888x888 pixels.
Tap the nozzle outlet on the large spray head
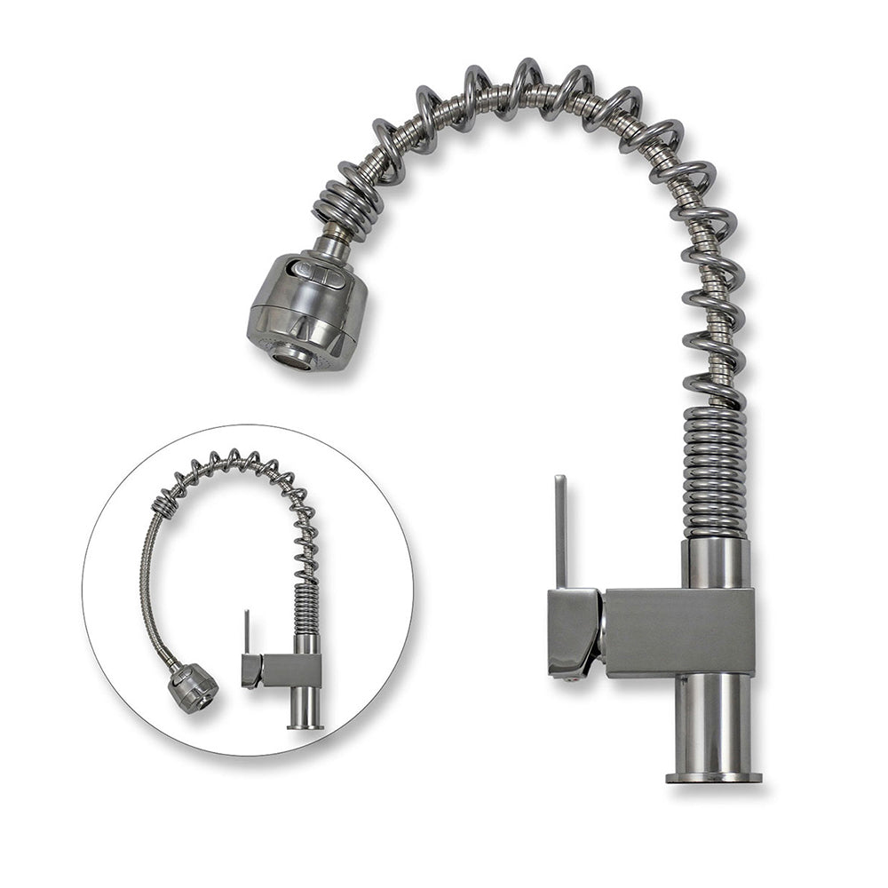[292, 357]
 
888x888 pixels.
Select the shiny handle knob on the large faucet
[573, 630]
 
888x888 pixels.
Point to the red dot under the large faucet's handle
[556, 675]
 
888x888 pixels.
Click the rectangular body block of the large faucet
[679, 632]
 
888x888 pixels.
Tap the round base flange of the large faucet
[713, 777]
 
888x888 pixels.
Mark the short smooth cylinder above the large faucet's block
[715, 562]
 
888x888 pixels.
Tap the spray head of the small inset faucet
[193, 687]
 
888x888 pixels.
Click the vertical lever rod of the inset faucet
[247, 632]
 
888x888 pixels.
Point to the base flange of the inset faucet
[305, 726]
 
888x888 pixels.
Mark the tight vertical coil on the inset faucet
[306, 609]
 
